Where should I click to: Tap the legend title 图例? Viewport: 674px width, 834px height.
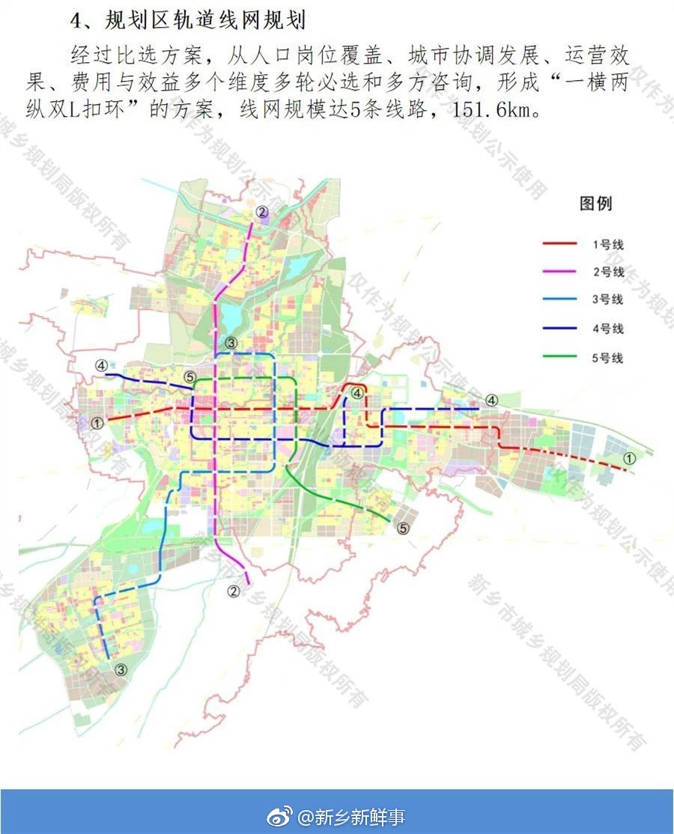click(x=596, y=204)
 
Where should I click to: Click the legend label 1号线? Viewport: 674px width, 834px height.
click(x=608, y=244)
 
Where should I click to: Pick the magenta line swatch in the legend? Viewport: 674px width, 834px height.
click(x=559, y=272)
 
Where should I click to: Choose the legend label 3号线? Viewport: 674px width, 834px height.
click(x=608, y=300)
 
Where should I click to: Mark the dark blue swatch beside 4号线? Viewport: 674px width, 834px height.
click(x=559, y=329)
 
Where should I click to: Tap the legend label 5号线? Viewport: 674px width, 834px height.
click(x=608, y=358)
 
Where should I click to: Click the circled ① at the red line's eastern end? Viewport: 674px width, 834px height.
click(x=631, y=457)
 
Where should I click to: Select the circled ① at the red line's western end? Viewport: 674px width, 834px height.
click(x=97, y=423)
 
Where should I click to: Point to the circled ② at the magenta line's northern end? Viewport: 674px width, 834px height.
click(x=261, y=213)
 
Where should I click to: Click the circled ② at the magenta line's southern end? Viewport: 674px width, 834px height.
click(x=234, y=591)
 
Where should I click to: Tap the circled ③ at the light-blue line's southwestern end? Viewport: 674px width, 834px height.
click(x=122, y=669)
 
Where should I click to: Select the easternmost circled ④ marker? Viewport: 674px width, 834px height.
click(x=491, y=401)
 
